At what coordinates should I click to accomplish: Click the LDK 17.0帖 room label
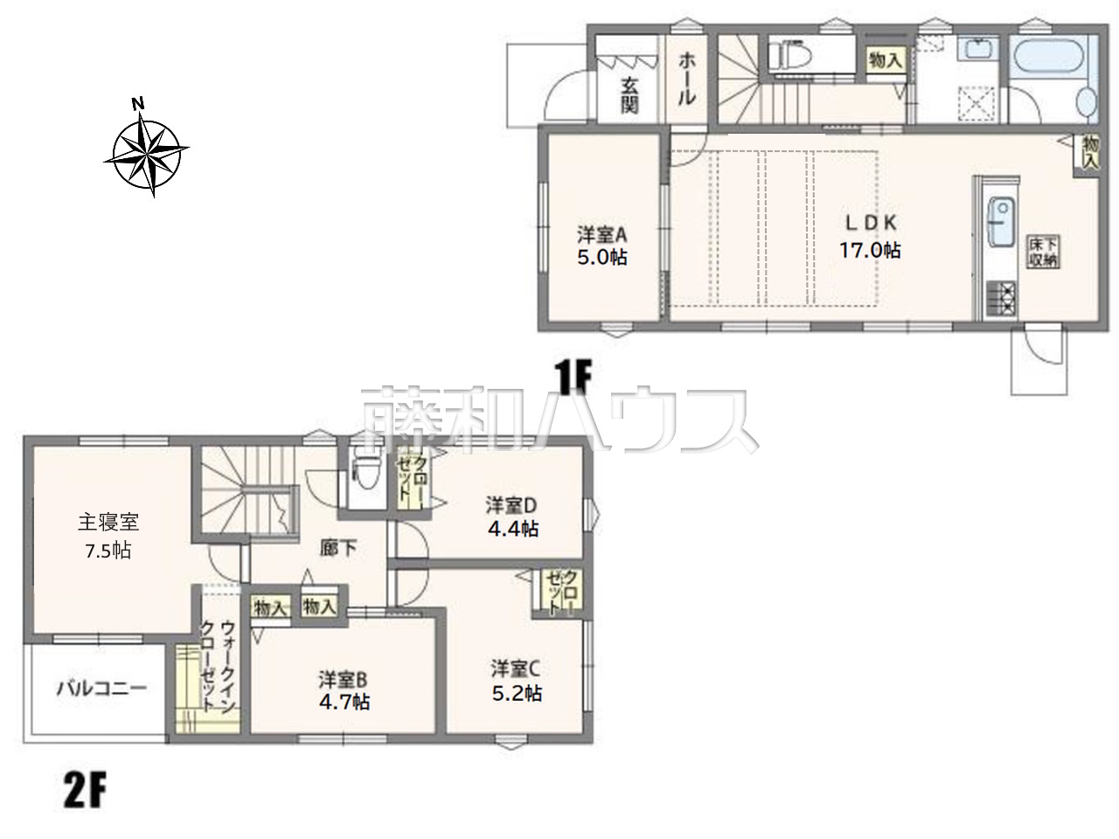(870, 237)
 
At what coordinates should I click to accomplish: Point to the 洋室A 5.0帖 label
(602, 246)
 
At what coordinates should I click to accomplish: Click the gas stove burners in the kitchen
(1001, 298)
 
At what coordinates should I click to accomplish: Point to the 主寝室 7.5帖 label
(108, 537)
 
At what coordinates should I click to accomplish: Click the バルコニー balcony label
(101, 690)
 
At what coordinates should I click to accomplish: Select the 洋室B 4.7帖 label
(344, 690)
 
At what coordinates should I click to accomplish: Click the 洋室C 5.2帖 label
(516, 682)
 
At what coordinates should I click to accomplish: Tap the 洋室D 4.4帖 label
(511, 517)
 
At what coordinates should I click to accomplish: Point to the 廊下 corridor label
(338, 548)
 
